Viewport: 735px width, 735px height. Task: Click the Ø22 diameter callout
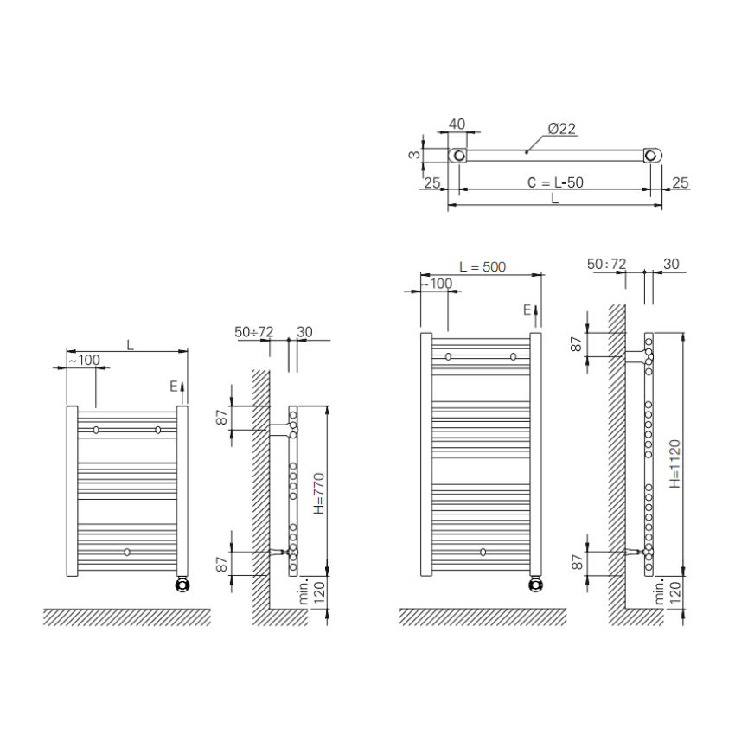click(x=561, y=129)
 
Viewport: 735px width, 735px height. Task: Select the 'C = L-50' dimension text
click(x=555, y=182)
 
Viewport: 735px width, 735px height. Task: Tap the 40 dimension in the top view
click(x=457, y=124)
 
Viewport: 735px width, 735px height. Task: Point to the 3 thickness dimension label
click(x=414, y=154)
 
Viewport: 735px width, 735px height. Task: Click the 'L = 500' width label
click(x=483, y=266)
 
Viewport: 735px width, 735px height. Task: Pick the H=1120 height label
click(x=674, y=463)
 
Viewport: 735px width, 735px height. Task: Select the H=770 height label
click(x=319, y=494)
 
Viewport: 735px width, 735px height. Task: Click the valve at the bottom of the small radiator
click(x=182, y=585)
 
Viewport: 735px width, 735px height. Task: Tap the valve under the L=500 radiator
click(x=536, y=584)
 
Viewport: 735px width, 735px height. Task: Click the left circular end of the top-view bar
click(x=459, y=155)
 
